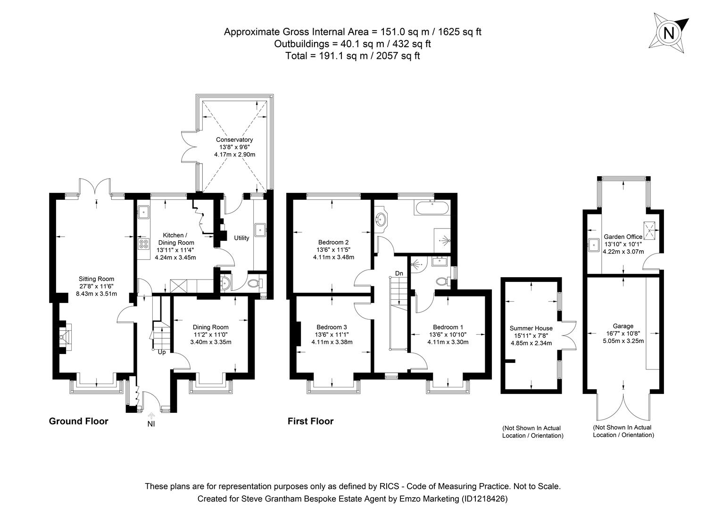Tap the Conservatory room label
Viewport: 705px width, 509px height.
click(234, 140)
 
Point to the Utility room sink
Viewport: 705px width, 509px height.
click(260, 230)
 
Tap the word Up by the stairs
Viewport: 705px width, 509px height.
click(161, 352)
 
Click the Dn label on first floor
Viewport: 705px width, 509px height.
click(399, 273)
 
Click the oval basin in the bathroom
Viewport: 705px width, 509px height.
click(382, 219)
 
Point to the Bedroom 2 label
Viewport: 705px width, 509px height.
click(333, 242)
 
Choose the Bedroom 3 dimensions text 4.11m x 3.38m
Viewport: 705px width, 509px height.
click(332, 342)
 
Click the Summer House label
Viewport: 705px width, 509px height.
click(531, 328)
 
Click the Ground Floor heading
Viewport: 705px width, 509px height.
click(78, 421)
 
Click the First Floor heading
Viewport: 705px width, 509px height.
click(310, 421)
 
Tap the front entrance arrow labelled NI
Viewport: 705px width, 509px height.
click(151, 416)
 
